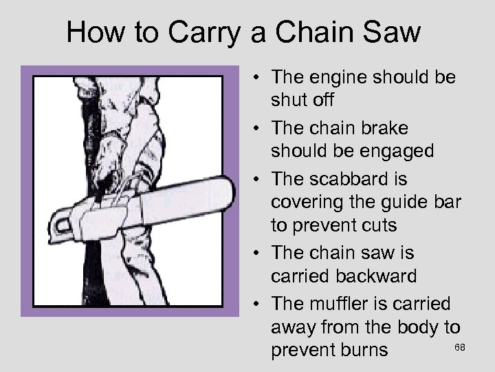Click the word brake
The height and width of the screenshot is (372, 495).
click(399, 128)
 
